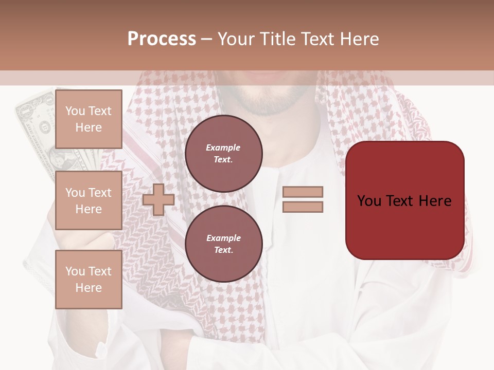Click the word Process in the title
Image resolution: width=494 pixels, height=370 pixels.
[x=162, y=39]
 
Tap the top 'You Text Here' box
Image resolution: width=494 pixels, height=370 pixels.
[x=89, y=119]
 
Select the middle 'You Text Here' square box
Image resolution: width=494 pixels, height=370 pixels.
[x=89, y=200]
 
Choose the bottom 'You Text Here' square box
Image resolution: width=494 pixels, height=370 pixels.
[x=89, y=280]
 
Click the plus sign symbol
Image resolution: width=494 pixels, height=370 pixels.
[x=158, y=199]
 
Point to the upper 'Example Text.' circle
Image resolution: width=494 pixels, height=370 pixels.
[x=223, y=154]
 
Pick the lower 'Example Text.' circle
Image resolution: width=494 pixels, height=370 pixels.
[x=223, y=244]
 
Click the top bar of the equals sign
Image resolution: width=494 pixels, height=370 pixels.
[x=303, y=192]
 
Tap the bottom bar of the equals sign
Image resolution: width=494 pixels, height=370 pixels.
[x=303, y=207]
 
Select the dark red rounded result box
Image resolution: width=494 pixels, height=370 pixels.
[x=404, y=200]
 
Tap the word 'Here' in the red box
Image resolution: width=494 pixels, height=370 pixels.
[x=435, y=200]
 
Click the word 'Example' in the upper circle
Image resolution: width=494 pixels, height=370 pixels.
[x=223, y=147]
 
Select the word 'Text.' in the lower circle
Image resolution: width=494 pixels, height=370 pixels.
[x=223, y=250]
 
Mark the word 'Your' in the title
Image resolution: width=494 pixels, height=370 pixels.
[x=236, y=39]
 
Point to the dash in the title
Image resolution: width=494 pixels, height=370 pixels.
[x=206, y=40]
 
